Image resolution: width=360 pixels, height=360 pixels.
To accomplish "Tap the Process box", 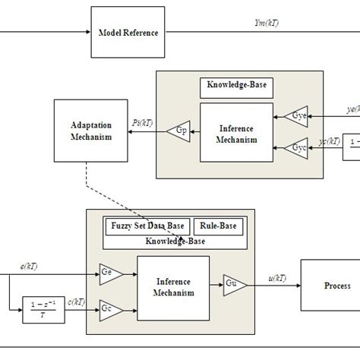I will tap(336, 286).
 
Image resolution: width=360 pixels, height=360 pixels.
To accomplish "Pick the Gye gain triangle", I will tap(298, 116).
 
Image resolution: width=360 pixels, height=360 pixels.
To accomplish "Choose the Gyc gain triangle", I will tap(298, 148).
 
